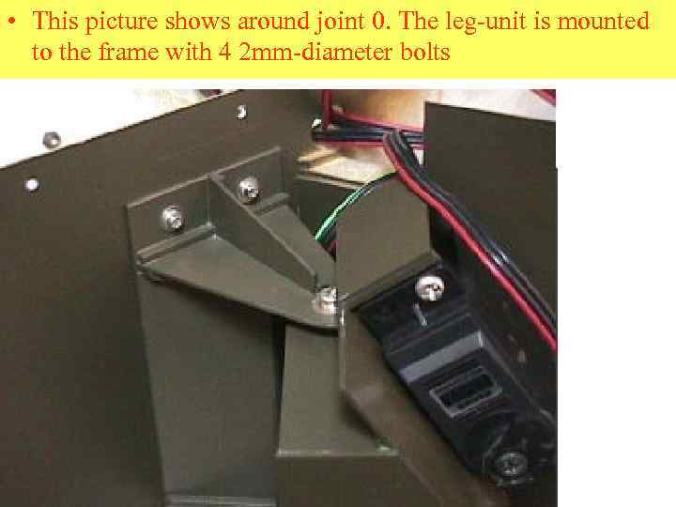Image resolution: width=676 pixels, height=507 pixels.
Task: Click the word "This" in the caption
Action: [x=54, y=21]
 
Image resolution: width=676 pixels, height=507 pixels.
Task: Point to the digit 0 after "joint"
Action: [x=378, y=21]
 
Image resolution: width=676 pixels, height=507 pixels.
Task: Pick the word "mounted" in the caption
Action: [x=603, y=21]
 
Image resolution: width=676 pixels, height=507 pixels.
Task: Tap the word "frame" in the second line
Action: [x=128, y=53]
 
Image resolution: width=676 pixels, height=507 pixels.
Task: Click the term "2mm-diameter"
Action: [x=315, y=53]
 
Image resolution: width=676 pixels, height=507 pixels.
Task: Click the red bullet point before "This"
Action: [x=12, y=21]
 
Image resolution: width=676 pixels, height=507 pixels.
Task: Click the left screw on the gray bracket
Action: [x=174, y=218]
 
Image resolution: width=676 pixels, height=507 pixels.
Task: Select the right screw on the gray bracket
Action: [x=249, y=190]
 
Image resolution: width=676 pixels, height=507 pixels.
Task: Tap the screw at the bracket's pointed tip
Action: [x=327, y=299]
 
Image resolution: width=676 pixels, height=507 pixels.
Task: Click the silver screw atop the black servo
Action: [x=430, y=288]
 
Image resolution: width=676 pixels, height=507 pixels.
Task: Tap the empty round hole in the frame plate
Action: [x=32, y=185]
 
